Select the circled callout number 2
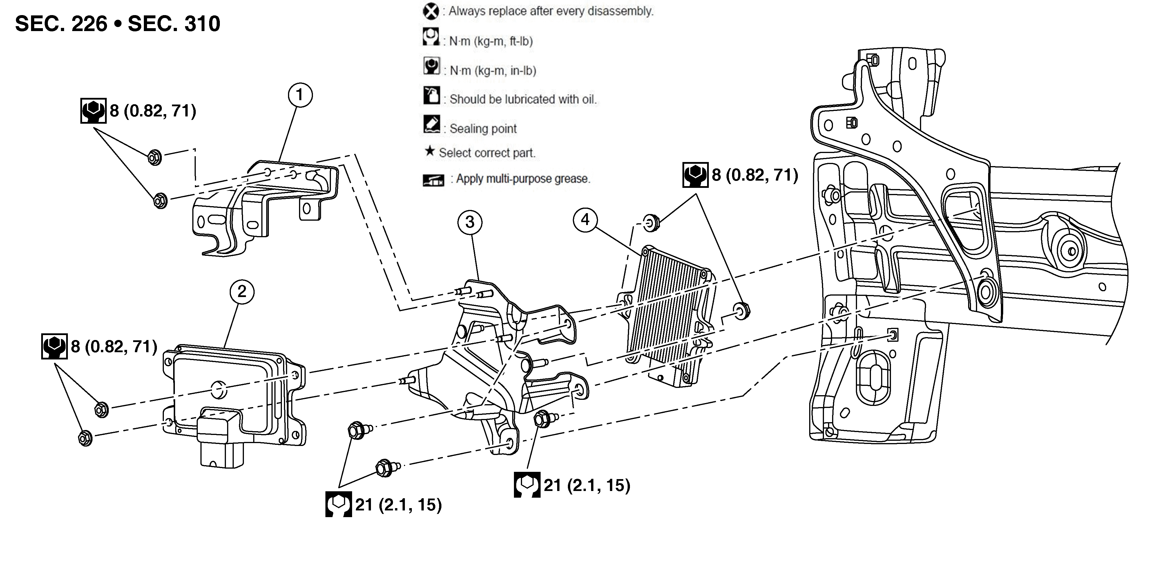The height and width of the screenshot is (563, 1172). (x=242, y=292)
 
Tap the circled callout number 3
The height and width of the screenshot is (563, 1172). (x=470, y=222)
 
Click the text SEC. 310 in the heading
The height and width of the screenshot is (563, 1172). (x=174, y=24)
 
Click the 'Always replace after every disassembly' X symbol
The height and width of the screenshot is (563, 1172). (x=430, y=11)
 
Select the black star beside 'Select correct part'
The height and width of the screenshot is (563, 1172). (x=429, y=151)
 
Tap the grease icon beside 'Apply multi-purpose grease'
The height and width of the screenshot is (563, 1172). (x=433, y=180)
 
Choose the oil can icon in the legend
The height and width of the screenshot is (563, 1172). (x=431, y=96)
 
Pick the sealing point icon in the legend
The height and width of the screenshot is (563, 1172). (x=431, y=124)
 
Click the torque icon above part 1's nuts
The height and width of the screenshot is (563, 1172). (x=93, y=111)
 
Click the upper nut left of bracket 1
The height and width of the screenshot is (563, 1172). (x=155, y=157)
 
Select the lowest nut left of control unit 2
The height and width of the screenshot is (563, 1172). (x=85, y=438)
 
